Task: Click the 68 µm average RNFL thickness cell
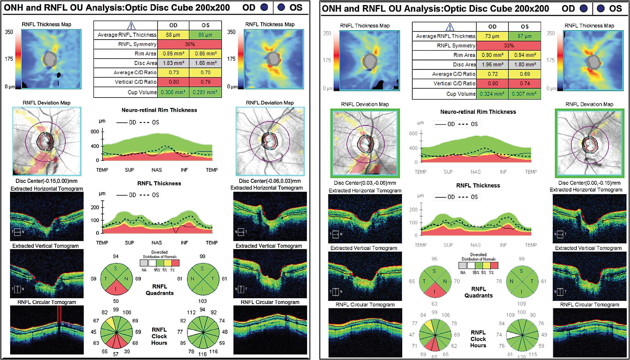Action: point(173,35)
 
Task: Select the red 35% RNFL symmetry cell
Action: point(189,44)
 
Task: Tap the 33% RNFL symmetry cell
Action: point(509,46)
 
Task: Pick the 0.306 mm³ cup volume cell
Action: point(173,92)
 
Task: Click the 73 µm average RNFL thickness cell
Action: point(492,36)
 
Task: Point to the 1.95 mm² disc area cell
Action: point(492,64)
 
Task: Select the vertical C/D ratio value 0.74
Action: point(524,83)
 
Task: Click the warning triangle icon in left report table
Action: point(131,26)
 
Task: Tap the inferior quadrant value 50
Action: point(116,301)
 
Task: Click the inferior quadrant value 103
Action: point(202,301)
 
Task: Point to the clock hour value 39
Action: point(127,351)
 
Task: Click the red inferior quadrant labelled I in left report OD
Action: point(116,289)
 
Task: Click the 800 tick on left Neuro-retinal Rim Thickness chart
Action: point(95,132)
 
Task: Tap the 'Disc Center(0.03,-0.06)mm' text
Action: point(364,183)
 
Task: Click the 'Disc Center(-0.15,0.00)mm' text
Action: point(46,181)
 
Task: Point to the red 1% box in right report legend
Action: point(494,266)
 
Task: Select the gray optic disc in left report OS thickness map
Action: point(274,59)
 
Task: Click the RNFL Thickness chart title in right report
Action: point(478,186)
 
